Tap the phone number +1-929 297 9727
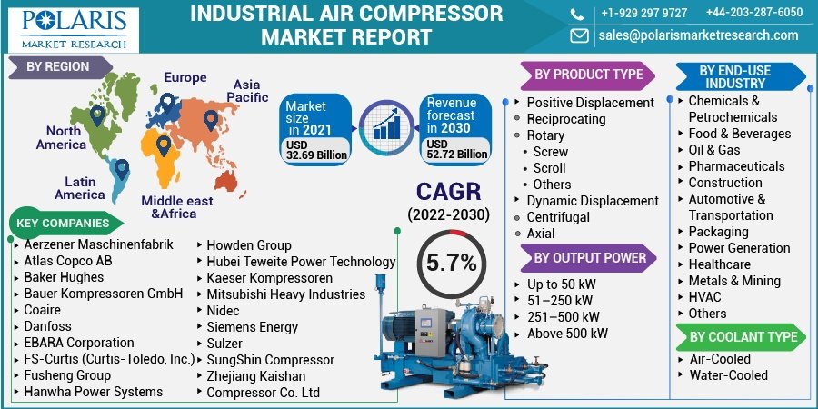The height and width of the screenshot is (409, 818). (643, 13)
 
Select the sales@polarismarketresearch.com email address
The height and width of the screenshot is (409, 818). (698, 35)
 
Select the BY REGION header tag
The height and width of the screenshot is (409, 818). (59, 66)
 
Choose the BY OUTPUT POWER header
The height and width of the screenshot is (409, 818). (589, 258)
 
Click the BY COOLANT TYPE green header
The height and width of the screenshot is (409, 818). (743, 336)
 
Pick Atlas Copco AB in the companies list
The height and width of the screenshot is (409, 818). (68, 261)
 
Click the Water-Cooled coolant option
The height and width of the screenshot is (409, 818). (728, 374)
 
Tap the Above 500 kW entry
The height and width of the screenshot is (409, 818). (567, 334)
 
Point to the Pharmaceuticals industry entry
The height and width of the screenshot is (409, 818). (736, 166)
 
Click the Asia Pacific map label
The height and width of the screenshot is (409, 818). (247, 91)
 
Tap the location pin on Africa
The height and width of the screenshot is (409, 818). (164, 145)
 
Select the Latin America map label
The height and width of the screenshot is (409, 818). (80, 188)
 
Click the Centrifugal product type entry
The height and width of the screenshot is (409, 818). (558, 217)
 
